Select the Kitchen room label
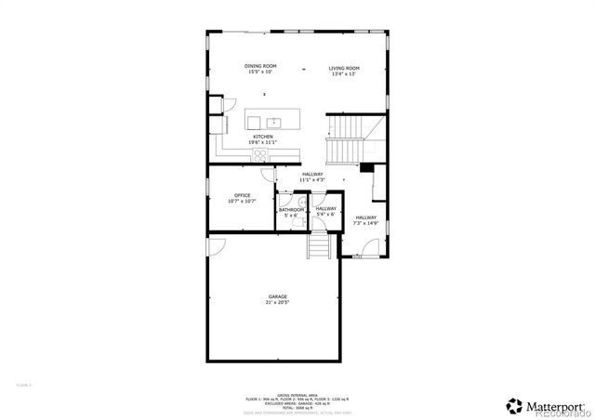pos(262,138)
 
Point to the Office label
pos(242,197)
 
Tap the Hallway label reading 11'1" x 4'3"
pos(311,176)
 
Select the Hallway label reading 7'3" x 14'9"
pos(364,219)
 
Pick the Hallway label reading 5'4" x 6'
pos(325,211)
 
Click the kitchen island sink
pos(274,121)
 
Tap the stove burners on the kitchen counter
pos(224,123)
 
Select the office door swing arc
pos(268,174)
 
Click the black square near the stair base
pos(366,167)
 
